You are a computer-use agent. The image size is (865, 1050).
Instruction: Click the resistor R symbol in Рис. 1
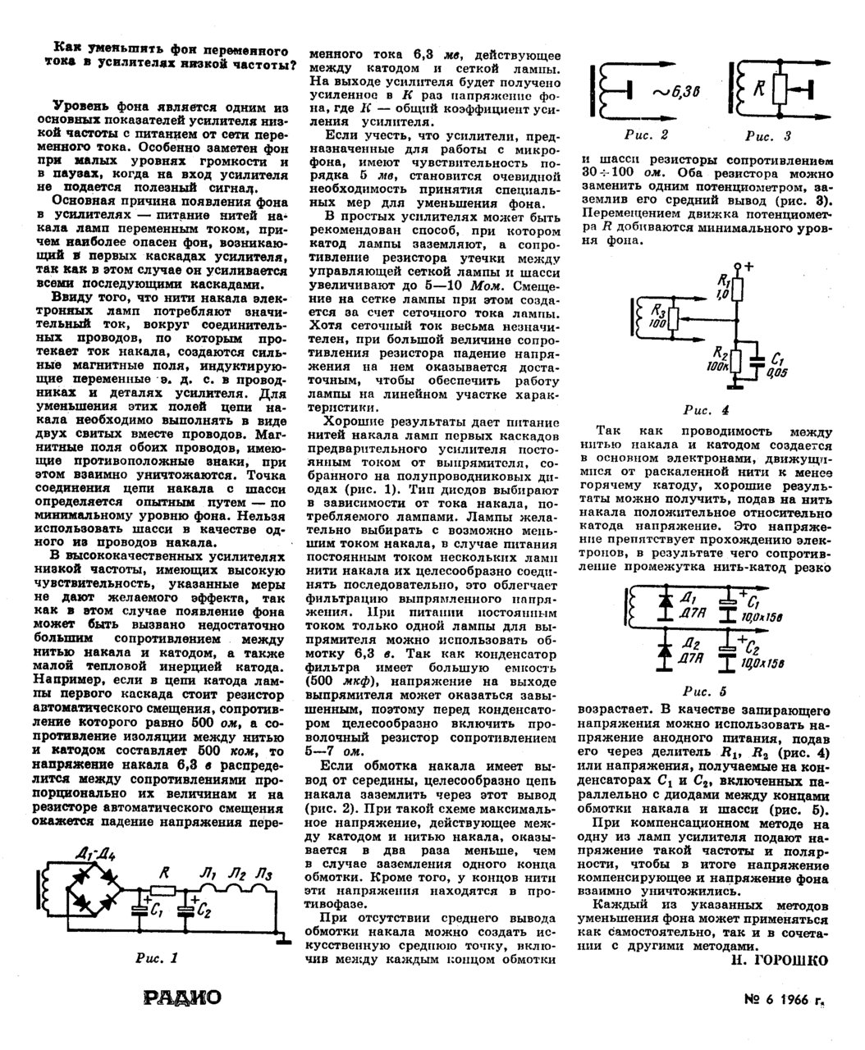[x=162, y=888]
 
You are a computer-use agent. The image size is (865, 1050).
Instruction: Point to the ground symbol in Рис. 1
[x=281, y=938]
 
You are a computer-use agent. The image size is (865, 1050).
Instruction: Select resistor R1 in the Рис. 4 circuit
[x=739, y=290]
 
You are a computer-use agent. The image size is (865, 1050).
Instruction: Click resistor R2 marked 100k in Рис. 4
[x=739, y=359]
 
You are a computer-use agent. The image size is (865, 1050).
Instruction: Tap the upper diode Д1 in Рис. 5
[x=661, y=603]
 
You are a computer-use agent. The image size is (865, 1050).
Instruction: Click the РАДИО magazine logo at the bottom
[x=182, y=997]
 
